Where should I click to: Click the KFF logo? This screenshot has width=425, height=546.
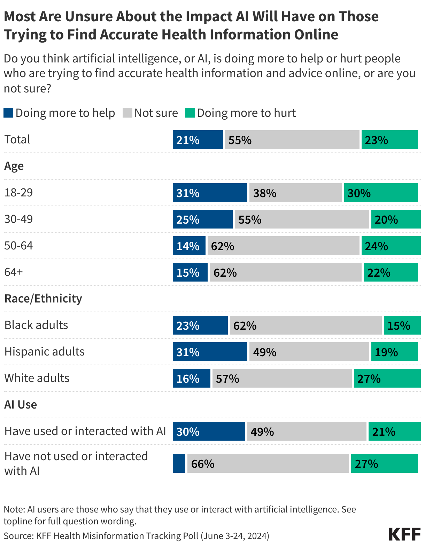click(404, 534)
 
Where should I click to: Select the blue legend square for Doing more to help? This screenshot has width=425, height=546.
click(8, 113)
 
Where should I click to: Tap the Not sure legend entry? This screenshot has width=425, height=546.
click(150, 113)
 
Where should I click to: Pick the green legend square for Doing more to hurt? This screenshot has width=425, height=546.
click(190, 113)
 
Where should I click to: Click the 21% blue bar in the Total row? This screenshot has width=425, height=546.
click(198, 140)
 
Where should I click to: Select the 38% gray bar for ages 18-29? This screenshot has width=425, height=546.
click(295, 193)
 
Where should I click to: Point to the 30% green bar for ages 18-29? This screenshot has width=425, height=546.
click(381, 193)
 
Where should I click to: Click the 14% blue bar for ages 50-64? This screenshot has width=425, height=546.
click(189, 246)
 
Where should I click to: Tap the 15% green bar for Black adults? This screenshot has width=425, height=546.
click(402, 325)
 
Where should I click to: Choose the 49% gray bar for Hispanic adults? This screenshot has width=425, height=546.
click(309, 352)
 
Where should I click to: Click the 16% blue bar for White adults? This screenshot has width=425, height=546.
click(191, 378)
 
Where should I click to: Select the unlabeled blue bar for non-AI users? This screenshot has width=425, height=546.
click(179, 463)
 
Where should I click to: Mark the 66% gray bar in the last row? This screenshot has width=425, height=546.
click(268, 463)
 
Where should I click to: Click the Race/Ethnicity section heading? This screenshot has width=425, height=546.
click(43, 299)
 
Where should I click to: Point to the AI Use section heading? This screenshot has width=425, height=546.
click(21, 405)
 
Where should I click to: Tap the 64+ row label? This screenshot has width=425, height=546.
click(14, 272)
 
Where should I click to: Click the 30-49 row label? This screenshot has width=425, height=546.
click(18, 219)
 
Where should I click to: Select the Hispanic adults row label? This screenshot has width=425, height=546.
click(45, 352)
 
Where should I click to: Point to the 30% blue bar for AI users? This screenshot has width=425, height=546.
click(209, 431)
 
